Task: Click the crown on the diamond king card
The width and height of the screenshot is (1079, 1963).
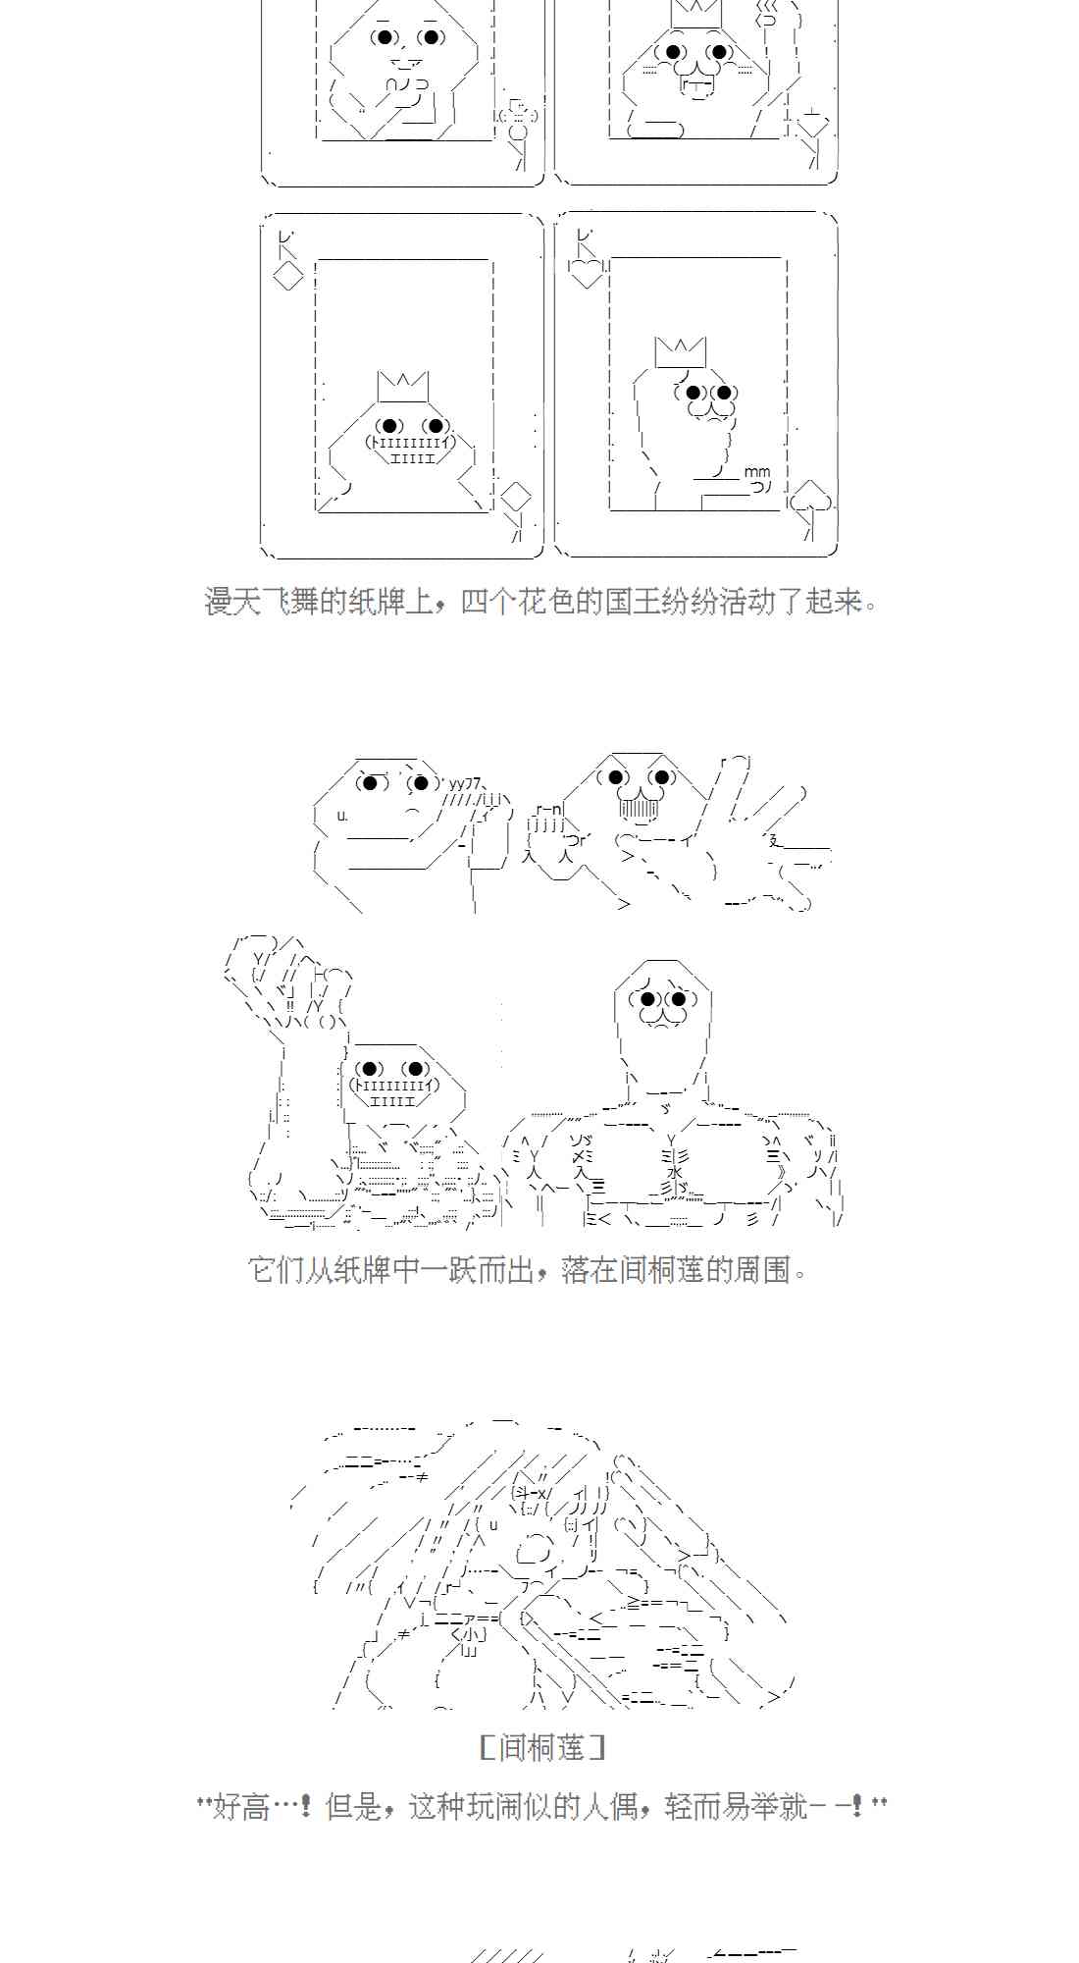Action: pyautogui.click(x=403, y=386)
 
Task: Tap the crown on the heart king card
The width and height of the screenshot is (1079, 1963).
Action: pyautogui.click(x=681, y=351)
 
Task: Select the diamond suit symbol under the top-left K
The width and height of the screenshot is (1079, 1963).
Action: pyautogui.click(x=288, y=277)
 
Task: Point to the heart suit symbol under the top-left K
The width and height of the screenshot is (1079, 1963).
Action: pyautogui.click(x=587, y=272)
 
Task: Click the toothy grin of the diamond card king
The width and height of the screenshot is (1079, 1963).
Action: pyautogui.click(x=411, y=450)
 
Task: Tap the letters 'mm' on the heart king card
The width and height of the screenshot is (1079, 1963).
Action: pyautogui.click(x=757, y=471)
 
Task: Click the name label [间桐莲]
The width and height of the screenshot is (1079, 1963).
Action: pyautogui.click(x=542, y=1748)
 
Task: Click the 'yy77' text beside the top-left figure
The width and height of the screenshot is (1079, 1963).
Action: pyautogui.click(x=465, y=783)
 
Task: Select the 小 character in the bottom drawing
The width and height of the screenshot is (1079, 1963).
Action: pyautogui.click(x=470, y=1634)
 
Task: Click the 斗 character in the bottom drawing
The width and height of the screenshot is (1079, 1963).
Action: pyautogui.click(x=521, y=1492)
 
